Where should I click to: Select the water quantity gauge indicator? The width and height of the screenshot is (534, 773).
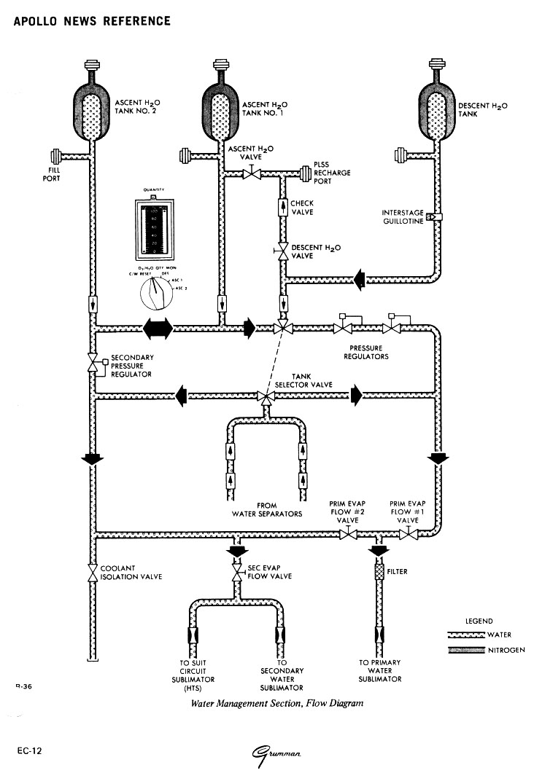157,229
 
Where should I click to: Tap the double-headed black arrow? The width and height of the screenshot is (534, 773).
157,329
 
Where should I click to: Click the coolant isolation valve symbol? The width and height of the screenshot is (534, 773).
93,573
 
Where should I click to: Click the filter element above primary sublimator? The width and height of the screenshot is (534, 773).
379,573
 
